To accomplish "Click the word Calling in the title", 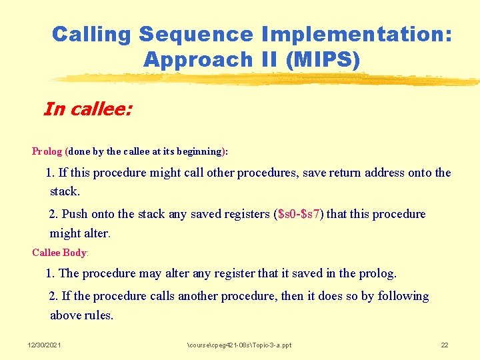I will pos(93,34).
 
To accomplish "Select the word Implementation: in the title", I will pos(357,34).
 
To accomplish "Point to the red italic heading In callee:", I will pos(87,109).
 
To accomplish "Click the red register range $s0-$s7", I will pos(299,214).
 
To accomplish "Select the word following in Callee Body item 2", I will pos(403,296).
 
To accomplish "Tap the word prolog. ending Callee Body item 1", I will pos(377,273).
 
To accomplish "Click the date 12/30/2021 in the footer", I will pos(44,345).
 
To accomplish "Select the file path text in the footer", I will pos(239,345).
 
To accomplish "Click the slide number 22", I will pos(445,345).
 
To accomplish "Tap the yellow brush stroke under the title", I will pos(267,79).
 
